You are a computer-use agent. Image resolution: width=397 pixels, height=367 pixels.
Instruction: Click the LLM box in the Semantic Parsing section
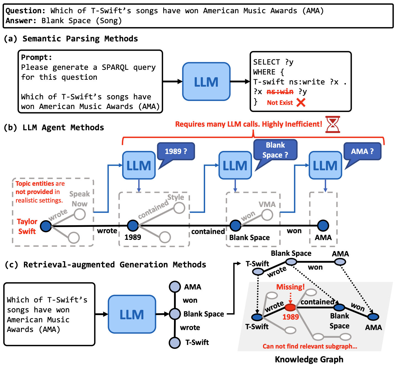coord(206,82)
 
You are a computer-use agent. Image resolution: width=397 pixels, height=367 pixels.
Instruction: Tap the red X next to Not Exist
coord(301,103)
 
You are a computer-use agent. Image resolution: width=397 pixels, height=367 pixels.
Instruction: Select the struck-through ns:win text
coord(280,92)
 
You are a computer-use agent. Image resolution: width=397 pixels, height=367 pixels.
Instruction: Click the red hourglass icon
coord(333,124)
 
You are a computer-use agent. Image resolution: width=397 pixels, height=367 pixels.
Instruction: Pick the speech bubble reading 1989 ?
coord(176,151)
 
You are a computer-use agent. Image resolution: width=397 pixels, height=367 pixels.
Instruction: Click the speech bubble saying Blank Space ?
coord(275,150)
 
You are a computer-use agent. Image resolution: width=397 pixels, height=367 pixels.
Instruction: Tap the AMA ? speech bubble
coord(362,151)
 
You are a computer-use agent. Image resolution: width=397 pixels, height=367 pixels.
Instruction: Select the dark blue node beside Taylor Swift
coord(46,226)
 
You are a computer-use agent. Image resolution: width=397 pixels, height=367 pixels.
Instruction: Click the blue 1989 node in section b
coord(133,226)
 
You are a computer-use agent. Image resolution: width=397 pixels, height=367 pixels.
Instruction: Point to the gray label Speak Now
coord(79,199)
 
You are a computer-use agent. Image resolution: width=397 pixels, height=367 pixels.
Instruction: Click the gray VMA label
coord(267,204)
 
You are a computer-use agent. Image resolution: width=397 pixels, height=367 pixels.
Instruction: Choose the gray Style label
coord(176,197)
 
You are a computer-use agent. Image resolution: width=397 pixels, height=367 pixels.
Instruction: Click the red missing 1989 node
coord(290,307)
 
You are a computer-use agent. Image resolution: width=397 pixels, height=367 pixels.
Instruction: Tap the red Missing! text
coord(290,287)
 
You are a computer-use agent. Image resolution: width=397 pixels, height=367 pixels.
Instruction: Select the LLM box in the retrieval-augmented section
coord(132,314)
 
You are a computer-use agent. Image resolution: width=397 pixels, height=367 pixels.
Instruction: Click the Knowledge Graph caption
coord(309,359)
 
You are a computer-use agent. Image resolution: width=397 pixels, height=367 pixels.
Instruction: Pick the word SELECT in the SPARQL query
coord(266,62)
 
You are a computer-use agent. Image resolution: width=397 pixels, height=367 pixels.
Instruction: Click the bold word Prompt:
coord(36,57)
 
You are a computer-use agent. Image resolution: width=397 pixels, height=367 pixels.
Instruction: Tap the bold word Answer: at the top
coord(21,21)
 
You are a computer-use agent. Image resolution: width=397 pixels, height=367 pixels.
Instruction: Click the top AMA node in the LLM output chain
coord(175,287)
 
